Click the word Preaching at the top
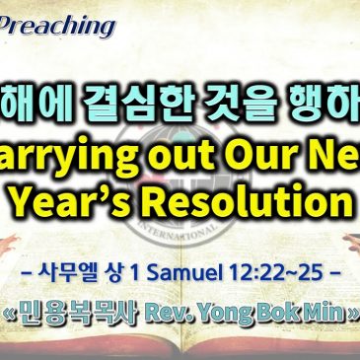pos(60,24)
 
